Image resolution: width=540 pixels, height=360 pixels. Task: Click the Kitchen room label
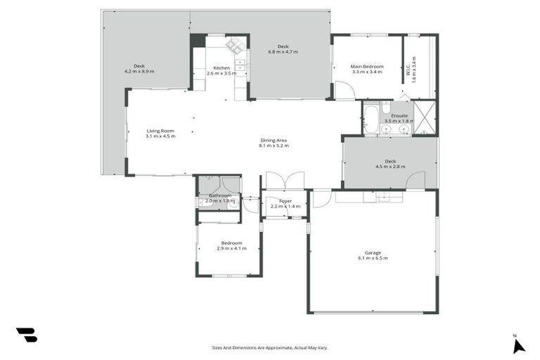(222, 67)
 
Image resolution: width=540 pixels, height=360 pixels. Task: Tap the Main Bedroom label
(366, 67)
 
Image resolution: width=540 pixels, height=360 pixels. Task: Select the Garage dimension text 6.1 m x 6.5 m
(372, 258)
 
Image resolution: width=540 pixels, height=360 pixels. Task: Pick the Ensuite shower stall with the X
(424, 118)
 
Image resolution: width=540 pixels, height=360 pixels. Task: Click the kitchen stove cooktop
(236, 46)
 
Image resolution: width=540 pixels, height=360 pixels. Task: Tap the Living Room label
(160, 131)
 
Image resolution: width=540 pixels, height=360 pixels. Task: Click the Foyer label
(285, 201)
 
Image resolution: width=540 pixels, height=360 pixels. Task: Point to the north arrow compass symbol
(518, 345)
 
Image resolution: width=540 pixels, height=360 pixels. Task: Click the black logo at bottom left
(27, 335)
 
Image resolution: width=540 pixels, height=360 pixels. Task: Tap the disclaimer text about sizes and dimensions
(270, 347)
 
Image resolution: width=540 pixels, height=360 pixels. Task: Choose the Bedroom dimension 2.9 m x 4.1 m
(231, 248)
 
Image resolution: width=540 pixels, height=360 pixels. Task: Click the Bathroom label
(219, 195)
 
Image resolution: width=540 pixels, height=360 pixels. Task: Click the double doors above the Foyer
(285, 181)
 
